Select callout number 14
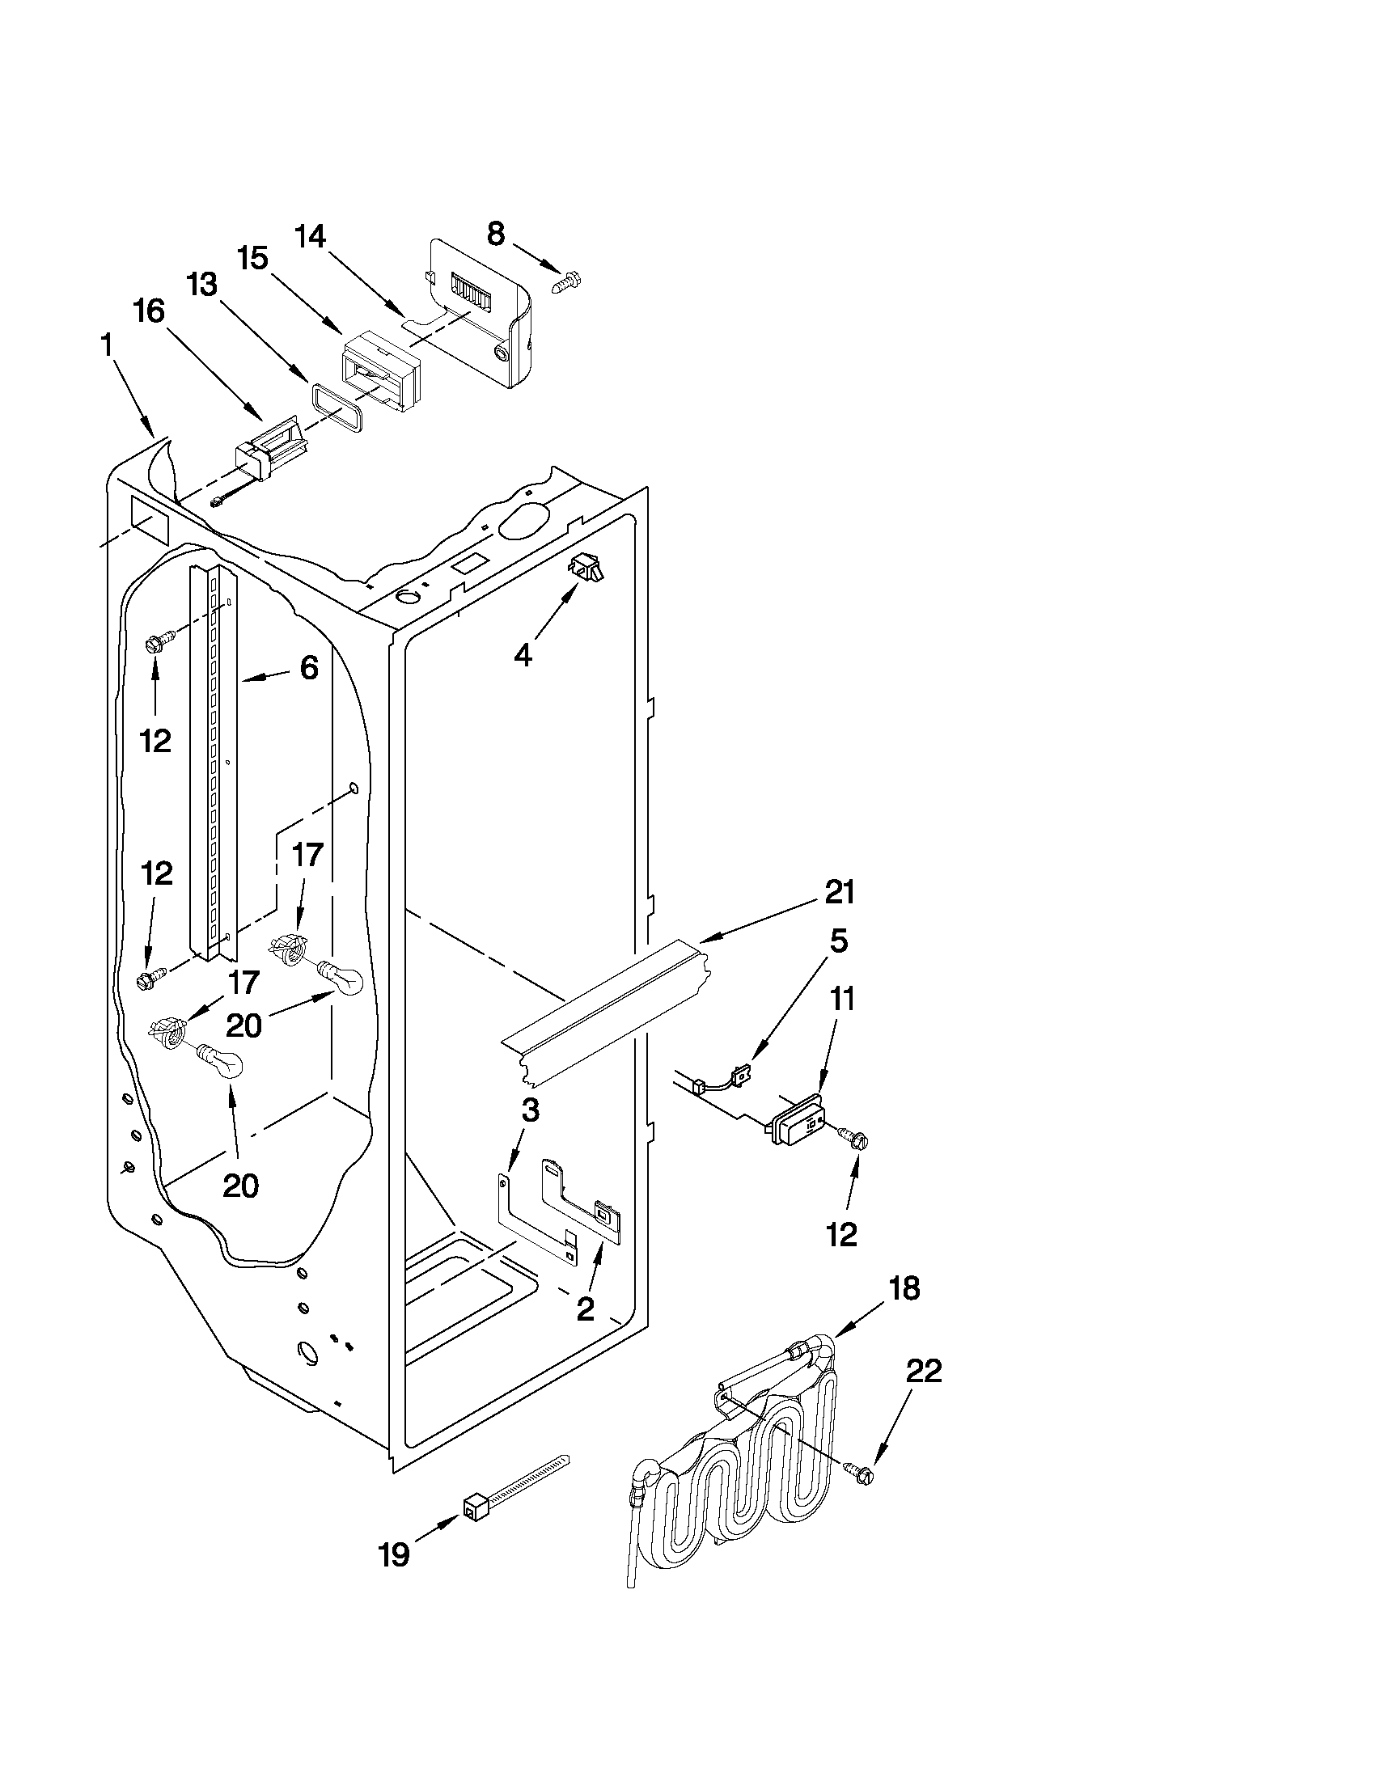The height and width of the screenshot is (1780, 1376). click(x=311, y=237)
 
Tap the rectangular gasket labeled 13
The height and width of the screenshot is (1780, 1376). click(x=336, y=405)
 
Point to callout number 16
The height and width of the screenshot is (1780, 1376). click(x=149, y=311)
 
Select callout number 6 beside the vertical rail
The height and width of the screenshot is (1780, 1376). click(x=309, y=668)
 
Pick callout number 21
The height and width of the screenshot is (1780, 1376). click(x=839, y=893)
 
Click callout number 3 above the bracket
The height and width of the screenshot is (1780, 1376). click(x=531, y=1110)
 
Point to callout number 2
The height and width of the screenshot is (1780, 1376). click(x=586, y=1309)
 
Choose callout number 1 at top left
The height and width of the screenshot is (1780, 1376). click(x=107, y=346)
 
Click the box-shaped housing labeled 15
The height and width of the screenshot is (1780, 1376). click(x=379, y=364)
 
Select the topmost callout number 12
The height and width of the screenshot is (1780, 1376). click(x=155, y=740)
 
